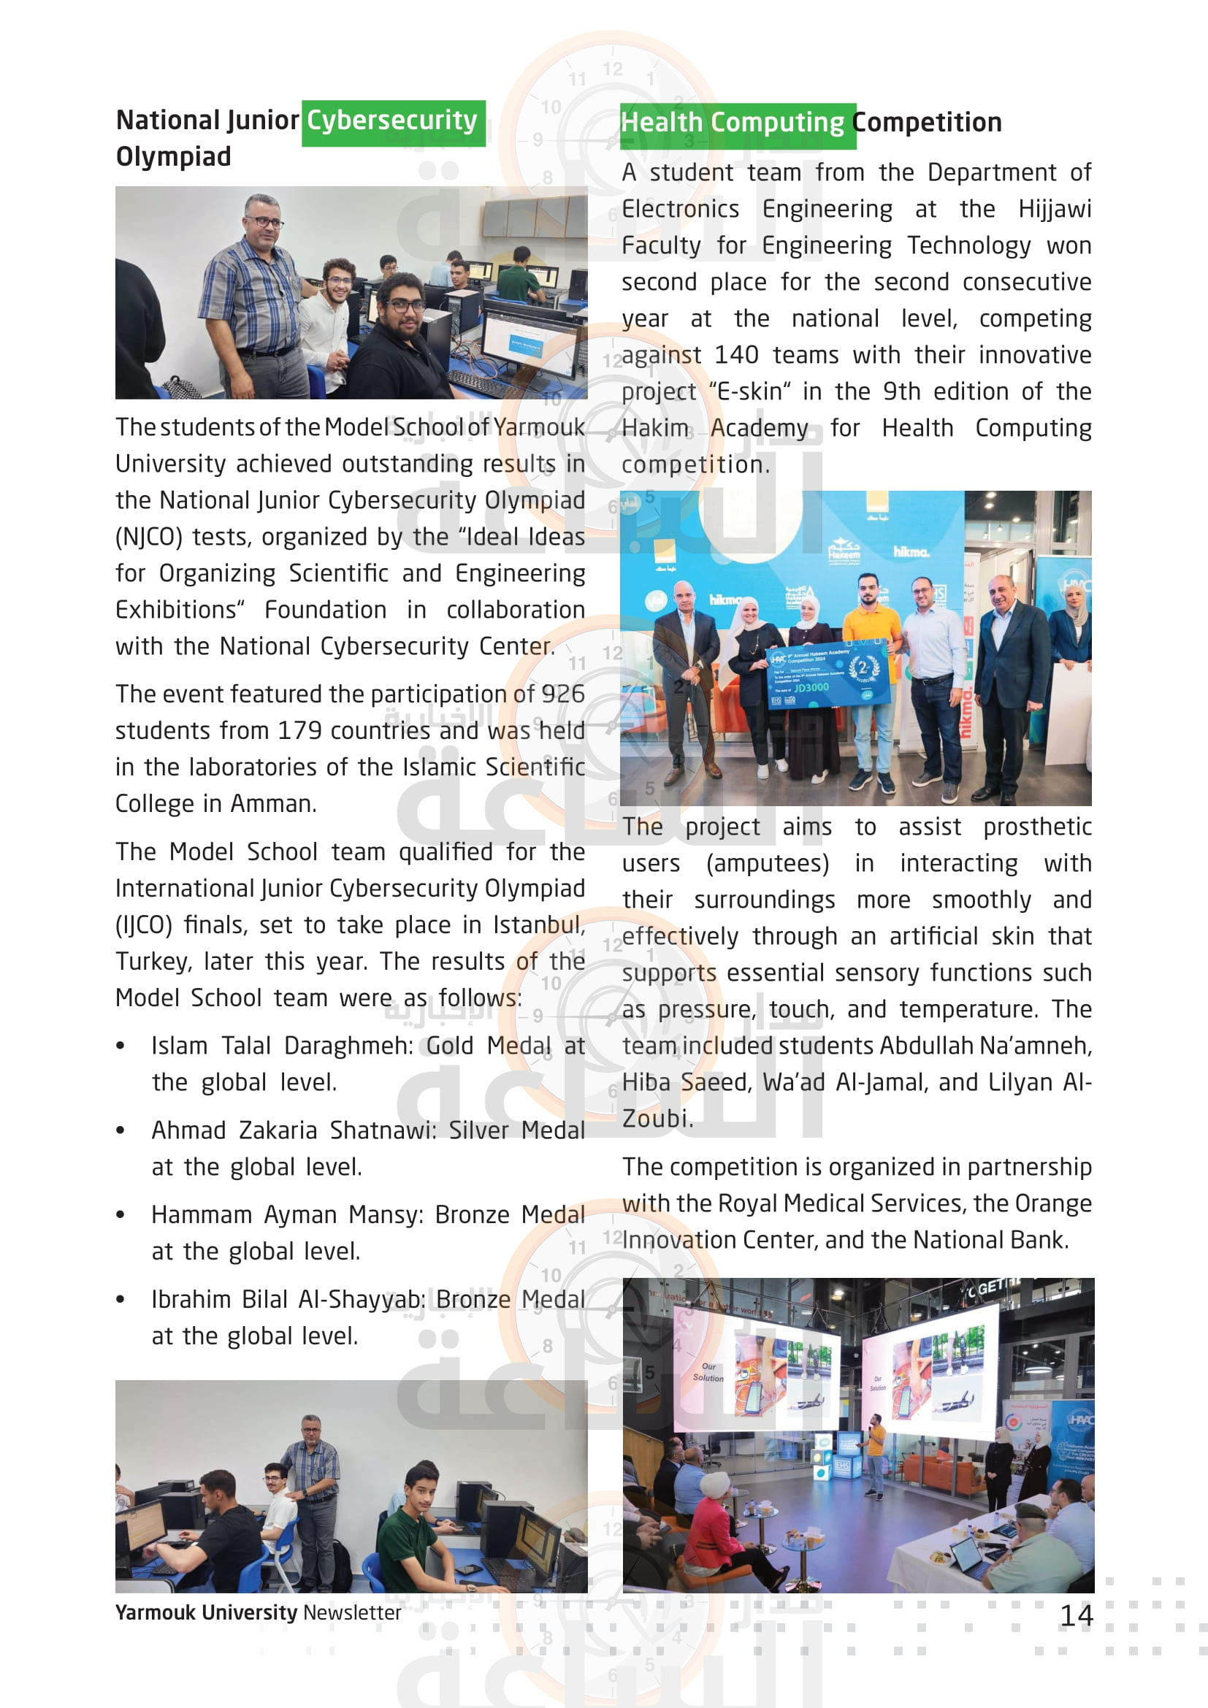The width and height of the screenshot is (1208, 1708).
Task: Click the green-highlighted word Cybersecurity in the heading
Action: [392, 120]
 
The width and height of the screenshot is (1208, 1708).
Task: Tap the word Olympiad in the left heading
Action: [173, 157]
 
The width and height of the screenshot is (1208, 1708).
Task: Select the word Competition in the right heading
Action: [927, 123]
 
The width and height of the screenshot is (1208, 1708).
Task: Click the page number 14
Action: [1076, 1616]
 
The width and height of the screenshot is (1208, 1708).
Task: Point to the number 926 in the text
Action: [562, 694]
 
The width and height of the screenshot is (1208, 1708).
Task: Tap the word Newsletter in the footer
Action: [352, 1613]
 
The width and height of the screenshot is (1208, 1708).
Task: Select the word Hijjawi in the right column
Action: [1054, 209]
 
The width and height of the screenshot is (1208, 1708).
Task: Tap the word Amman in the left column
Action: [272, 804]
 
